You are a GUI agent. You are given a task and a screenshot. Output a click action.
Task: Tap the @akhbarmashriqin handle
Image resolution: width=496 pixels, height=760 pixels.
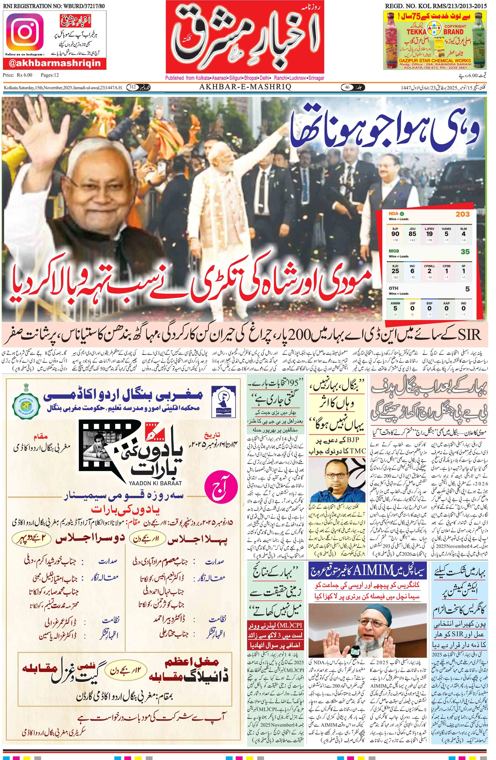point(55,63)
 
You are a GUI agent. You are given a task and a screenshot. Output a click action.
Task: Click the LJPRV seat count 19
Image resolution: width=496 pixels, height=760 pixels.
point(429,234)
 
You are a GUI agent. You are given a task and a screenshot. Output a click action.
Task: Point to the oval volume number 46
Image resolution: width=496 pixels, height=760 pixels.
point(347,87)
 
